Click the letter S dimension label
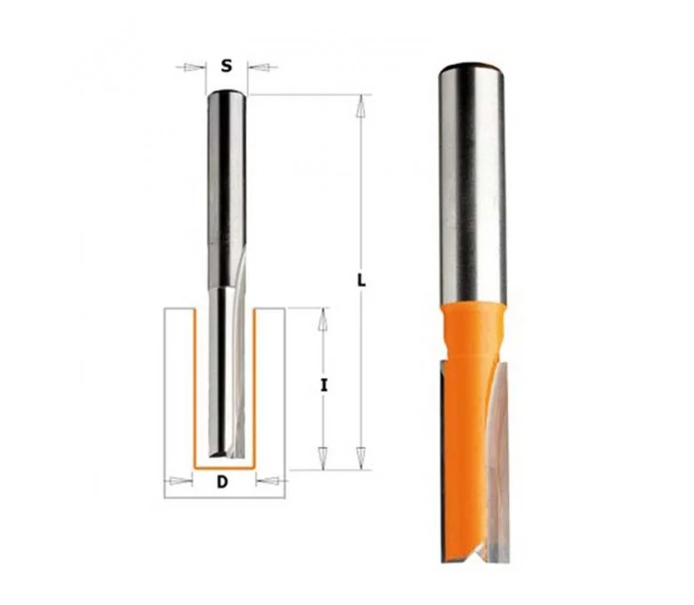coord(227,67)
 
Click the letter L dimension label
coord(361,280)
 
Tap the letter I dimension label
coord(325,386)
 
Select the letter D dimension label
coord(222,481)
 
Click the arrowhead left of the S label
coord(192,68)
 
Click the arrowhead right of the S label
coord(261,68)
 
